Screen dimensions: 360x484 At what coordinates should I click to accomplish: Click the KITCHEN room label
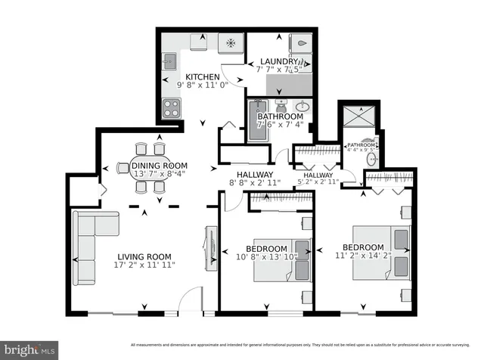click(202, 77)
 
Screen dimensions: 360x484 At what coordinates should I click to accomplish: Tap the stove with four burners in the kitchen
click(172, 108)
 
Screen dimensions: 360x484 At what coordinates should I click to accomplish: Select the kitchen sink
click(169, 61)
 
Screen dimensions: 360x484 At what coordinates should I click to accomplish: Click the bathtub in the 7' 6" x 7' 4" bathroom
click(254, 121)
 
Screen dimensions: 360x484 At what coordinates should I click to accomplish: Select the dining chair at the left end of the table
click(123, 168)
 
